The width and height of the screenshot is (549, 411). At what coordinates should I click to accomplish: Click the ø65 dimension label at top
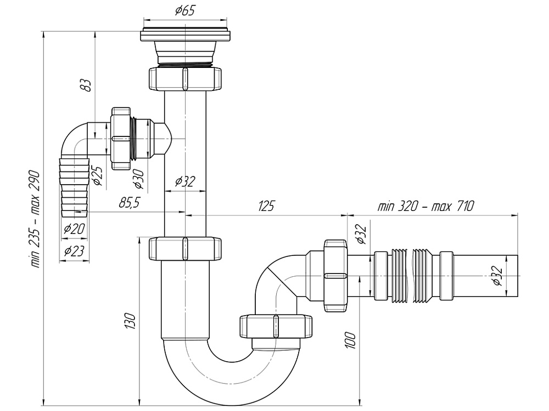185,11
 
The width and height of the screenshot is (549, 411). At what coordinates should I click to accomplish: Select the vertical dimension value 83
86,85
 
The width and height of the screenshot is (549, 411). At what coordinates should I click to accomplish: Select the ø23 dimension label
74,252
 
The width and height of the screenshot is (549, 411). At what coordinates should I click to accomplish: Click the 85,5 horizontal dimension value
130,203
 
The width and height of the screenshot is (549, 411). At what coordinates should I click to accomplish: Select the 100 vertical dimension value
351,341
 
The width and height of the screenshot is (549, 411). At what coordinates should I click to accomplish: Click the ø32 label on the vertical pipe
185,181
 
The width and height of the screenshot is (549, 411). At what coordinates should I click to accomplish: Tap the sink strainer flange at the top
185,35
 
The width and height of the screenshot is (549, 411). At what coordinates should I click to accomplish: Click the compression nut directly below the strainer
185,78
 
